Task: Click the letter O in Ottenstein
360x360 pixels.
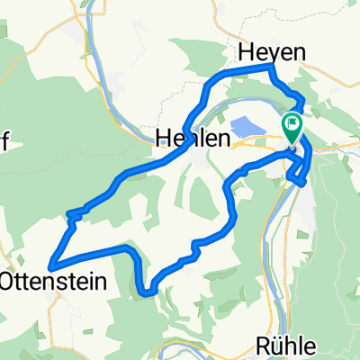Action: [x=7, y=281]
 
